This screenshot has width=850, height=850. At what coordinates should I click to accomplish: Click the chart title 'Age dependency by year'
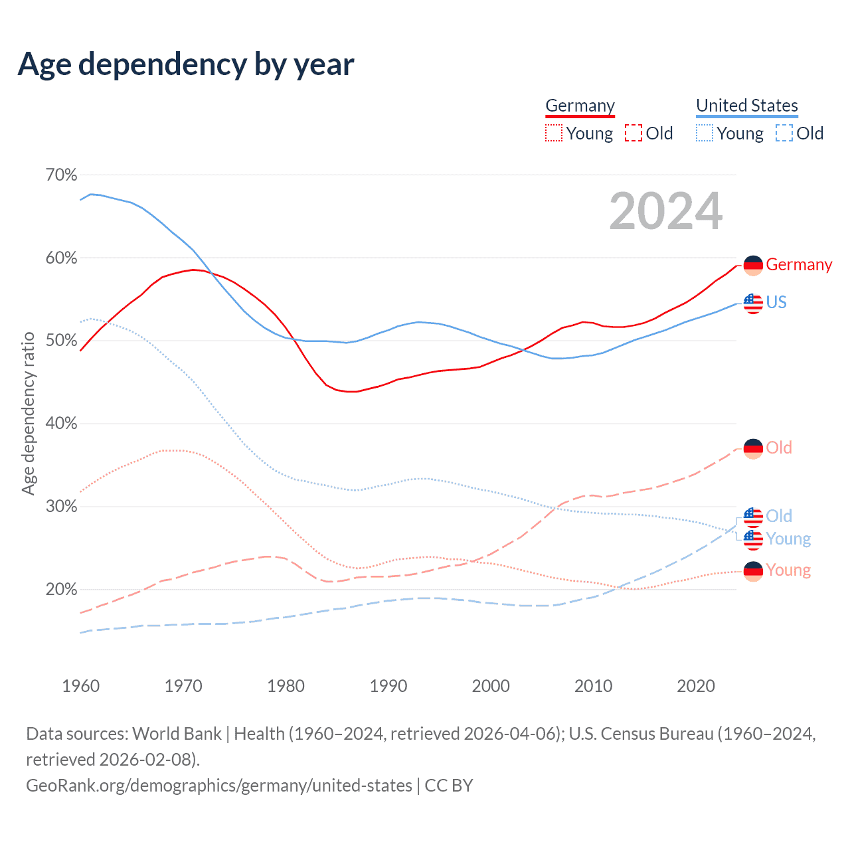186,64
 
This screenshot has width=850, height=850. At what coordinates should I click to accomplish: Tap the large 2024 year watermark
665,211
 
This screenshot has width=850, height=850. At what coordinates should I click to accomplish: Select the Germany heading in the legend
580,106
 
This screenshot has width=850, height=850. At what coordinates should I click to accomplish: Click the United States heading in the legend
746,106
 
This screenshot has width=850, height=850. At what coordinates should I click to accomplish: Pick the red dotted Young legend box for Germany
553,133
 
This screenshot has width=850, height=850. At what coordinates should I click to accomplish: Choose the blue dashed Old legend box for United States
784,133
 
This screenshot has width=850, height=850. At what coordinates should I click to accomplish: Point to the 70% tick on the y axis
61,175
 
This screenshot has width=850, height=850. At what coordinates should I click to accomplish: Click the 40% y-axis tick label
61,423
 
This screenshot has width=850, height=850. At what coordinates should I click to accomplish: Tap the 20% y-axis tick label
61,589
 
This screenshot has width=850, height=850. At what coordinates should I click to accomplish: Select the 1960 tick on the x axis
80,685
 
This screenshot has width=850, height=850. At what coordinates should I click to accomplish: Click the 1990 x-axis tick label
388,685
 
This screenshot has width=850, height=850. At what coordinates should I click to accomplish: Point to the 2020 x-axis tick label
695,685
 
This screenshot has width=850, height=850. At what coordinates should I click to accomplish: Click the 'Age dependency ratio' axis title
28,414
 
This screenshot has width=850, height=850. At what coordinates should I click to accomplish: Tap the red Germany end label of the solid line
799,264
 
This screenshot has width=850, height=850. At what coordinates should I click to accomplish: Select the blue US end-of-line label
776,302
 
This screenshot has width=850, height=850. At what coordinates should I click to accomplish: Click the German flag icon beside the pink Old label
753,448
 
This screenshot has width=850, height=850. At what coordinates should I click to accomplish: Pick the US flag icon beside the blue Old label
753,516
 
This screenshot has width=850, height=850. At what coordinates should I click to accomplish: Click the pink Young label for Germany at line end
788,570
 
